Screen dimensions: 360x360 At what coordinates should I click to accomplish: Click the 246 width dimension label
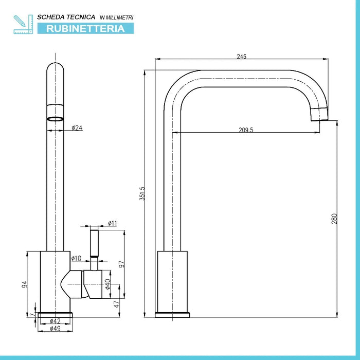click(x=241, y=56)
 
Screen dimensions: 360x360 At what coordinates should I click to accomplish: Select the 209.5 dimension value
click(x=246, y=130)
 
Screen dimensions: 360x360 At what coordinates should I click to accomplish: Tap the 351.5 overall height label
click(x=142, y=193)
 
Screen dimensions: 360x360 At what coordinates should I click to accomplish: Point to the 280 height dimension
click(x=334, y=219)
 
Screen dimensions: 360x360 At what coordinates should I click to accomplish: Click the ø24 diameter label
click(x=77, y=128)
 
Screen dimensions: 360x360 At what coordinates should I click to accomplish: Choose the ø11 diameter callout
click(x=113, y=223)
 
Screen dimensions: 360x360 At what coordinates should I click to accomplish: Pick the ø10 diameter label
click(x=76, y=259)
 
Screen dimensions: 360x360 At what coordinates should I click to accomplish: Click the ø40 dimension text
click(x=107, y=284)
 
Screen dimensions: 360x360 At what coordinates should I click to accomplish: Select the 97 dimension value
click(x=122, y=264)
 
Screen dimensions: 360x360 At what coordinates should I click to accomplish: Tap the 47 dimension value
click(x=117, y=304)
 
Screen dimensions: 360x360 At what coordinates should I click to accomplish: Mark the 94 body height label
click(x=24, y=284)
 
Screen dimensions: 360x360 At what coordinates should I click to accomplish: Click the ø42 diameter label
click(x=55, y=321)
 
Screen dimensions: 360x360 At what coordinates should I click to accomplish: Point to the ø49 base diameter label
click(x=55, y=329)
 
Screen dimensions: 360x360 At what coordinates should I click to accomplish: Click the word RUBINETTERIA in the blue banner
click(x=85, y=28)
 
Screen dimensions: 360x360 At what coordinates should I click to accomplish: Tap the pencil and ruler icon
click(x=23, y=24)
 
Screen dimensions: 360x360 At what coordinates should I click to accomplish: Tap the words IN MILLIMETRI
click(x=116, y=17)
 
